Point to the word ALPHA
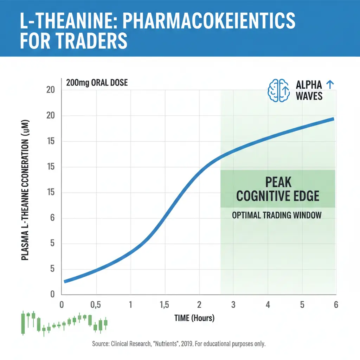(x=309, y=85)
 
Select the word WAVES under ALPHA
(x=309, y=96)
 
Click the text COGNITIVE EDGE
(x=277, y=196)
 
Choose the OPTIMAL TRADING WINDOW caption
(x=277, y=215)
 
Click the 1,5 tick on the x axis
(x=164, y=305)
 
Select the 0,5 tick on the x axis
(x=96, y=305)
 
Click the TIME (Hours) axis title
(x=194, y=318)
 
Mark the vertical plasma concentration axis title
(x=25, y=190)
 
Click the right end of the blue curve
(x=332, y=119)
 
